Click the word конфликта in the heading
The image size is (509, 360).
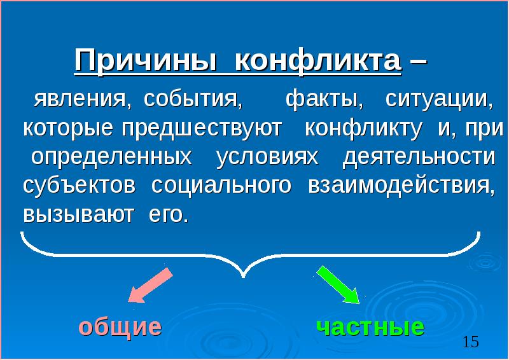317,62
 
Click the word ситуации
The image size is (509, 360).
439,100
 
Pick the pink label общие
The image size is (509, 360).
120,327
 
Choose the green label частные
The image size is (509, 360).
370,327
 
